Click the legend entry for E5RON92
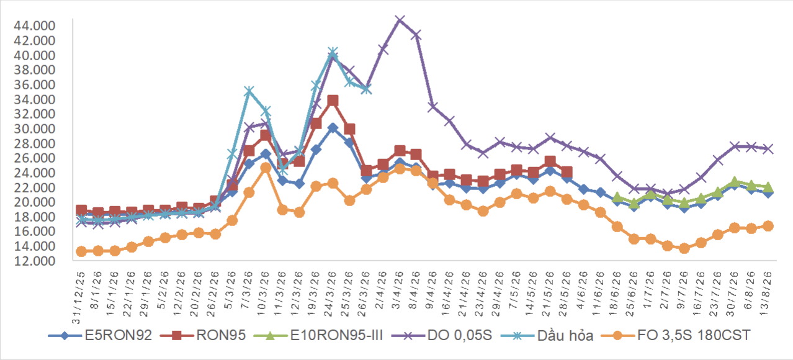[101, 335]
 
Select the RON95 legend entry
[203, 335]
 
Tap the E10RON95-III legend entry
[318, 335]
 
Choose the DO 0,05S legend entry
[442, 335]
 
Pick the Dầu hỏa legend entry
[547, 335]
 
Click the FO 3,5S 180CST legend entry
[676, 335]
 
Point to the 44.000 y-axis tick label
[34, 26]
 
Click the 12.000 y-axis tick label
[34, 261]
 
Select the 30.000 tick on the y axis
[34, 128]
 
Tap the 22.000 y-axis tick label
[34, 187]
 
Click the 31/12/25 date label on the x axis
[79, 298]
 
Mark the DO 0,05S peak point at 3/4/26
[400, 20]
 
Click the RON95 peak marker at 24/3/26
[333, 101]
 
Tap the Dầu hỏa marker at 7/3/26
[249, 91]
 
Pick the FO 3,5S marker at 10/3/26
[266, 168]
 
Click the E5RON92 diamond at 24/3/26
[333, 128]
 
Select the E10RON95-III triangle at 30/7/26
[734, 182]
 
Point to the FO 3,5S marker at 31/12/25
[81, 251]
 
